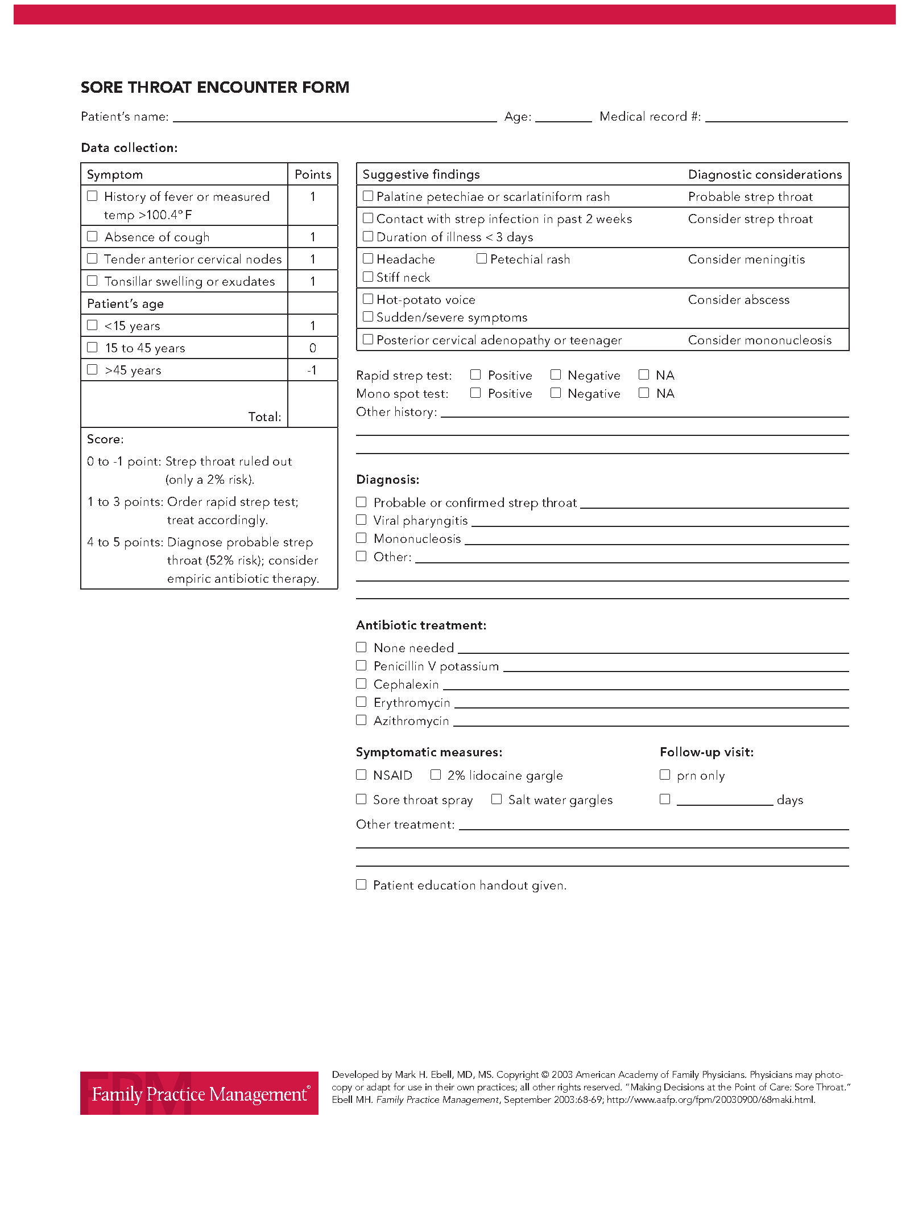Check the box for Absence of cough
coord(92,236)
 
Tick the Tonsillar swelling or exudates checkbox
coord(92,281)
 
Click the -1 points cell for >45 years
coord(312,370)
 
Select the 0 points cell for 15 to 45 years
coord(312,348)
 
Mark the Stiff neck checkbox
coord(368,277)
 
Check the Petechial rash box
coord(482,258)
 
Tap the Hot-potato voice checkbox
coord(368,299)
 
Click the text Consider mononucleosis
coord(759,340)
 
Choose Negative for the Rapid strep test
coord(556,374)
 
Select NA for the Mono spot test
coord(644,393)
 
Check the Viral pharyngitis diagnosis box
coord(361,520)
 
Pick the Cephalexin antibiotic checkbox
coord(361,683)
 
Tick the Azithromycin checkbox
coord(361,720)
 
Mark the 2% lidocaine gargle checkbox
coord(436,775)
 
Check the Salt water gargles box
coord(497,799)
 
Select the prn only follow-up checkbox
coord(665,775)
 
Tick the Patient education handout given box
coord(361,884)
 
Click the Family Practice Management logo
coord(199,1093)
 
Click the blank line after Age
coord(563,117)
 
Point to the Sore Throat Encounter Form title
coord(215,87)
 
